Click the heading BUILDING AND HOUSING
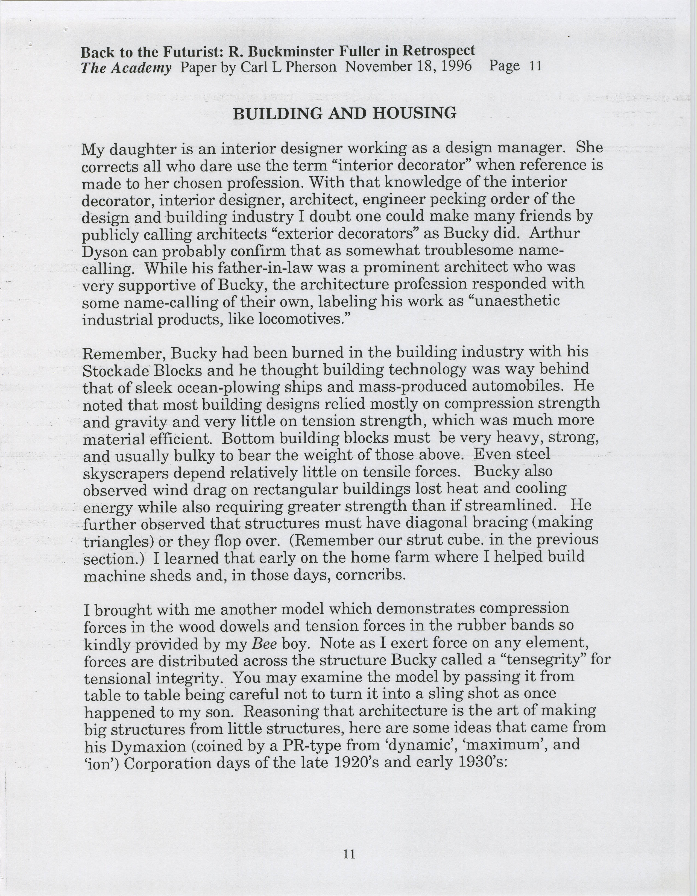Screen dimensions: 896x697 click(344, 113)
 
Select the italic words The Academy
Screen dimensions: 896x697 click(126, 68)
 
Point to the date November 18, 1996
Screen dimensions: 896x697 click(408, 66)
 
